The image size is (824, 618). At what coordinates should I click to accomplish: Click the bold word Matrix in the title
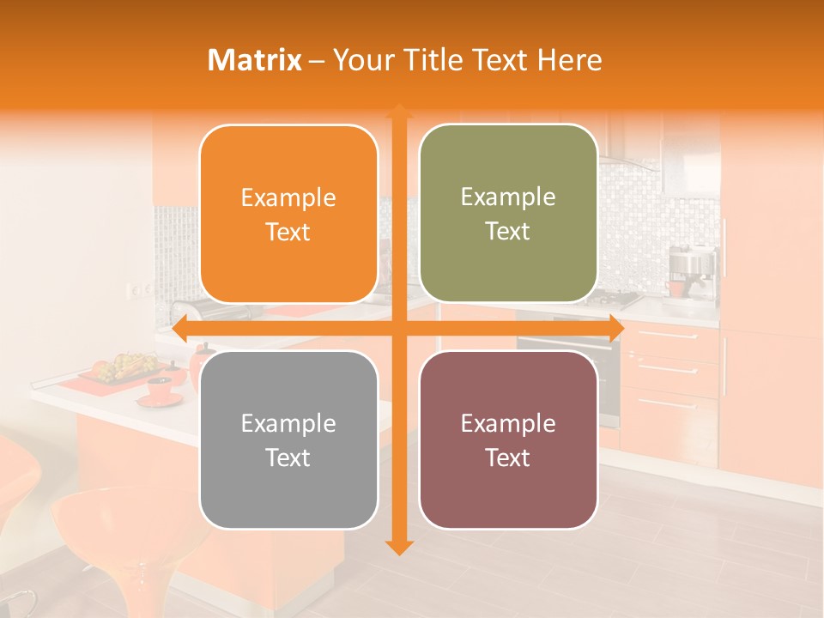pos(254,60)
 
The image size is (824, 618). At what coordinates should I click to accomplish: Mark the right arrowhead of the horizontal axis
pos(615,329)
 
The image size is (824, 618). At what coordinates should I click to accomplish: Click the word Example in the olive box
pos(508,197)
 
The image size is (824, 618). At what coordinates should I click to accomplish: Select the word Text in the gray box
pos(288,457)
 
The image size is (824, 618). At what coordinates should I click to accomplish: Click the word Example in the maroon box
pos(508,423)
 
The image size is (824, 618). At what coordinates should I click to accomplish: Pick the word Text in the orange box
pos(288,232)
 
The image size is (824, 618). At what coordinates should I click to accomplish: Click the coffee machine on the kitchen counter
pos(691,270)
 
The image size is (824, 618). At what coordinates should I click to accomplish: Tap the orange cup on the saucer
pos(161,389)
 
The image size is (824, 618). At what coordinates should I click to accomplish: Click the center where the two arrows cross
pos(398,329)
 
